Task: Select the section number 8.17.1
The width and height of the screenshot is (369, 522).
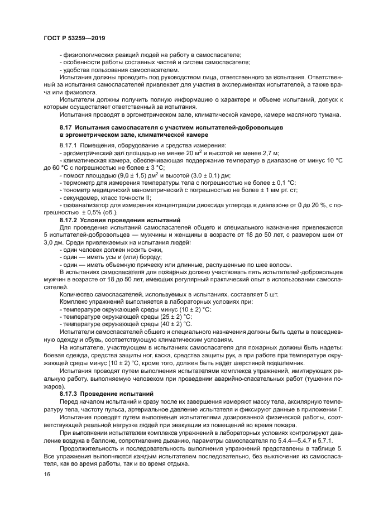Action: coord(69,145)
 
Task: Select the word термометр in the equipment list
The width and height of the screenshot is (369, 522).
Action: coord(79,183)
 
